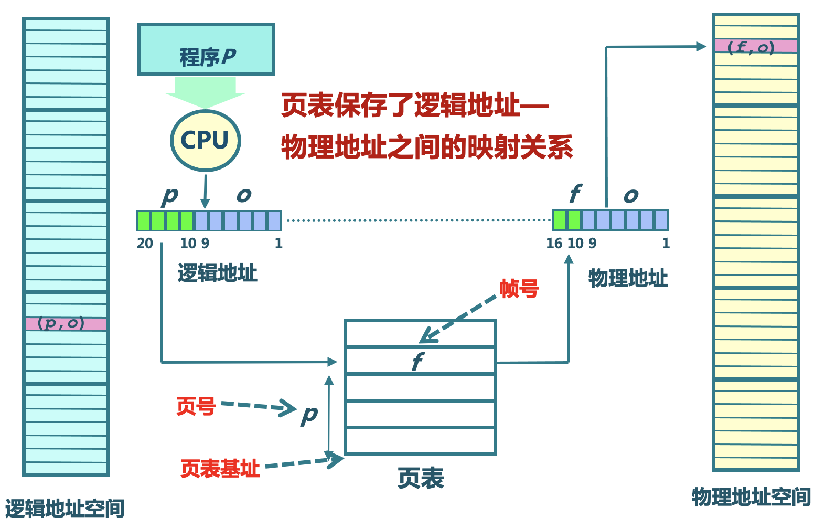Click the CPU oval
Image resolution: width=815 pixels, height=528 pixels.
205,140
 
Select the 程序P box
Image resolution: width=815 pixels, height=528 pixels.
206,50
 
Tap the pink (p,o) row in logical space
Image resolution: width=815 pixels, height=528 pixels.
66,323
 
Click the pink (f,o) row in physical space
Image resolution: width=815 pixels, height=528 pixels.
755,46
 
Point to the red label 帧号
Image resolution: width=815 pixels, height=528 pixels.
519,289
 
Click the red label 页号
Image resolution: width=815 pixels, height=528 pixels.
196,406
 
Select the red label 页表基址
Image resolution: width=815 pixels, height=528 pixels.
220,468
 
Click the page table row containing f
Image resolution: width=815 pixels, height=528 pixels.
420,361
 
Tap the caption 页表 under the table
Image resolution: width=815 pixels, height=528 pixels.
421,478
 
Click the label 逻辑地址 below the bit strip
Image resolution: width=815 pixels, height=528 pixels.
217,273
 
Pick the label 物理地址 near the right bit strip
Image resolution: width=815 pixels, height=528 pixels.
628,278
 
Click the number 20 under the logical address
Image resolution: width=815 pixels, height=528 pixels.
145,244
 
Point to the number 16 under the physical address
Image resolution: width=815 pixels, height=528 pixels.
554,244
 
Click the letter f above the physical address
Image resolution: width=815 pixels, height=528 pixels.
575,194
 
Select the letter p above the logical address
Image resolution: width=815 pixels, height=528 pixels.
170,196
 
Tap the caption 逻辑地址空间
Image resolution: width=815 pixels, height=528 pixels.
65,509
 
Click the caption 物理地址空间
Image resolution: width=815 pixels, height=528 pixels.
751,497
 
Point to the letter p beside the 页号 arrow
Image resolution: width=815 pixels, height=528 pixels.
309,415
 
